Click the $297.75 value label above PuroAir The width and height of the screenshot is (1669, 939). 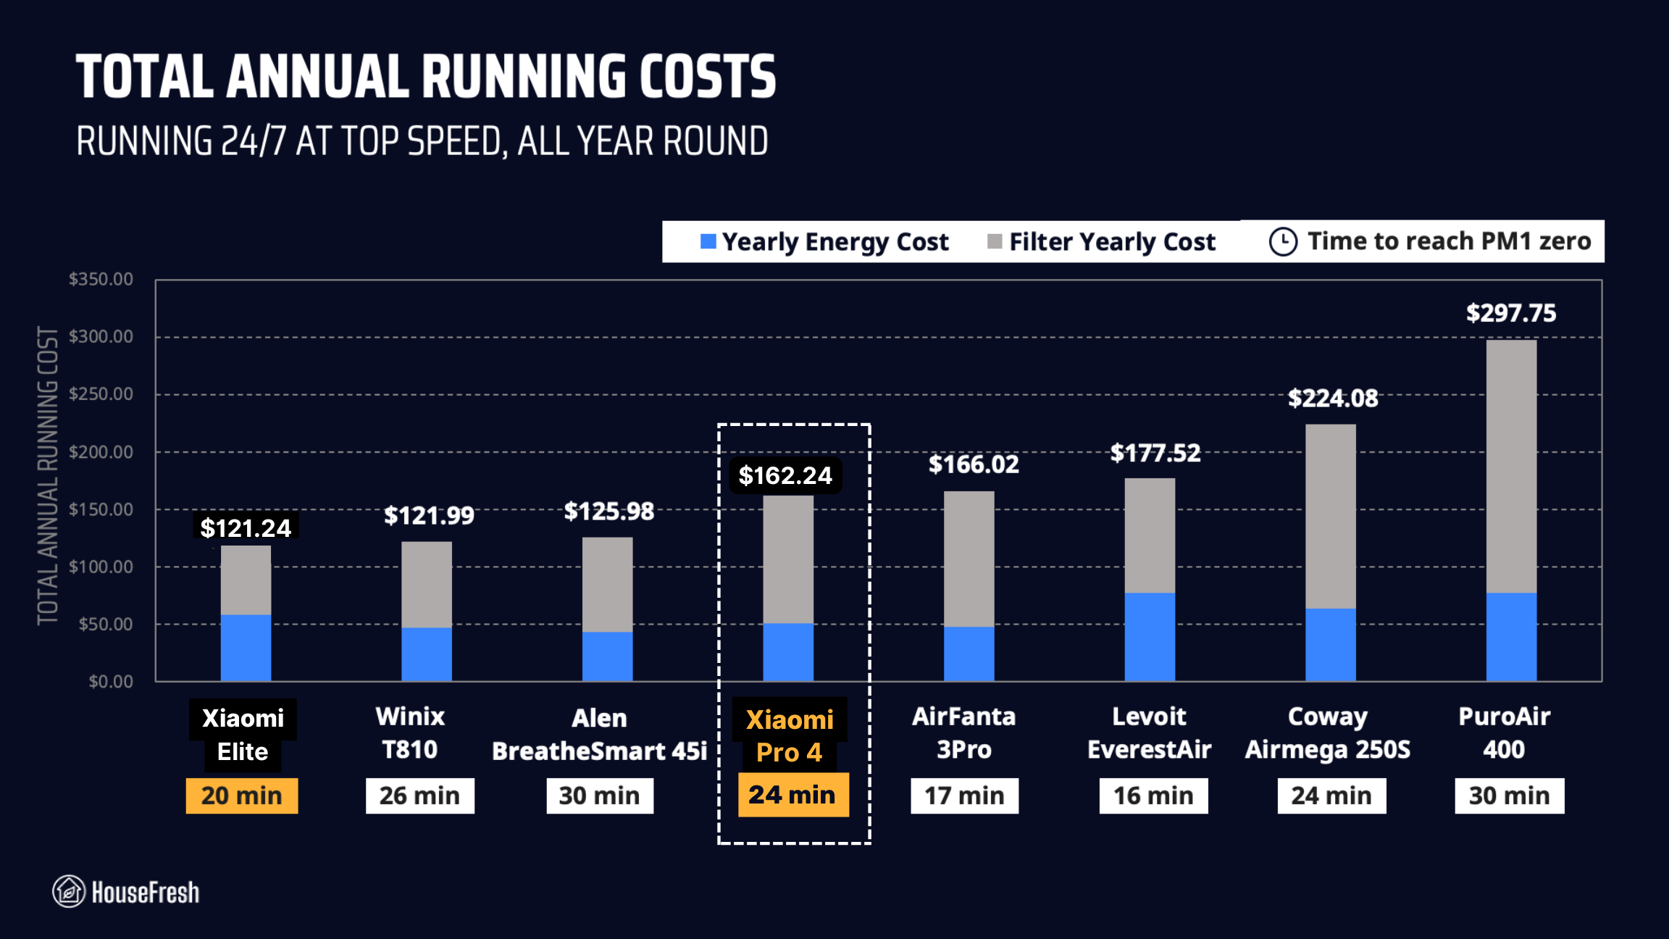pyautogui.click(x=1510, y=313)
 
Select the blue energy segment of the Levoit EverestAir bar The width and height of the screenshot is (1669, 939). pyautogui.click(x=1150, y=637)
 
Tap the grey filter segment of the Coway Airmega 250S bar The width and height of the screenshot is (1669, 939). pyautogui.click(x=1330, y=516)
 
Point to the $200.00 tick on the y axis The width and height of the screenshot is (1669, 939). pyautogui.click(x=101, y=452)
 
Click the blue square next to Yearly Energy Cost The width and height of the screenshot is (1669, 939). pyautogui.click(x=708, y=241)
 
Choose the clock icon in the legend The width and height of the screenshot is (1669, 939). pyautogui.click(x=1283, y=241)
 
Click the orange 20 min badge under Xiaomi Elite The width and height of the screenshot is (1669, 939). pyautogui.click(x=241, y=796)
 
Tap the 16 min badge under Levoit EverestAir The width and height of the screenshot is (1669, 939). pyautogui.click(x=1153, y=796)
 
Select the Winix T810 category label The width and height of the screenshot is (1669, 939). pyautogui.click(x=410, y=733)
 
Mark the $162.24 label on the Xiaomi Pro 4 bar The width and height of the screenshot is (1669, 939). pyautogui.click(x=785, y=475)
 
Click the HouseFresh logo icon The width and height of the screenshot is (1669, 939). pyautogui.click(x=69, y=891)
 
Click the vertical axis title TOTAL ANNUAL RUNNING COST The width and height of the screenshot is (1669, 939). pyautogui.click(x=48, y=475)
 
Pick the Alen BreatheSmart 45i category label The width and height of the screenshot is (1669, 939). pyautogui.click(x=599, y=735)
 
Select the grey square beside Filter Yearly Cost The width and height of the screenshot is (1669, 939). pyautogui.click(x=995, y=241)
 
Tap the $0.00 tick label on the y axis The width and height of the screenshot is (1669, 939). pyautogui.click(x=110, y=682)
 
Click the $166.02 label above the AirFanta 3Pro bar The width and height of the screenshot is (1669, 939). pyautogui.click(x=974, y=464)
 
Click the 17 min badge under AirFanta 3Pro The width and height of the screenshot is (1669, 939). pyautogui.click(x=964, y=796)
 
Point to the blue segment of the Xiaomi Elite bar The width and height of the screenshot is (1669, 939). pyautogui.click(x=246, y=648)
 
